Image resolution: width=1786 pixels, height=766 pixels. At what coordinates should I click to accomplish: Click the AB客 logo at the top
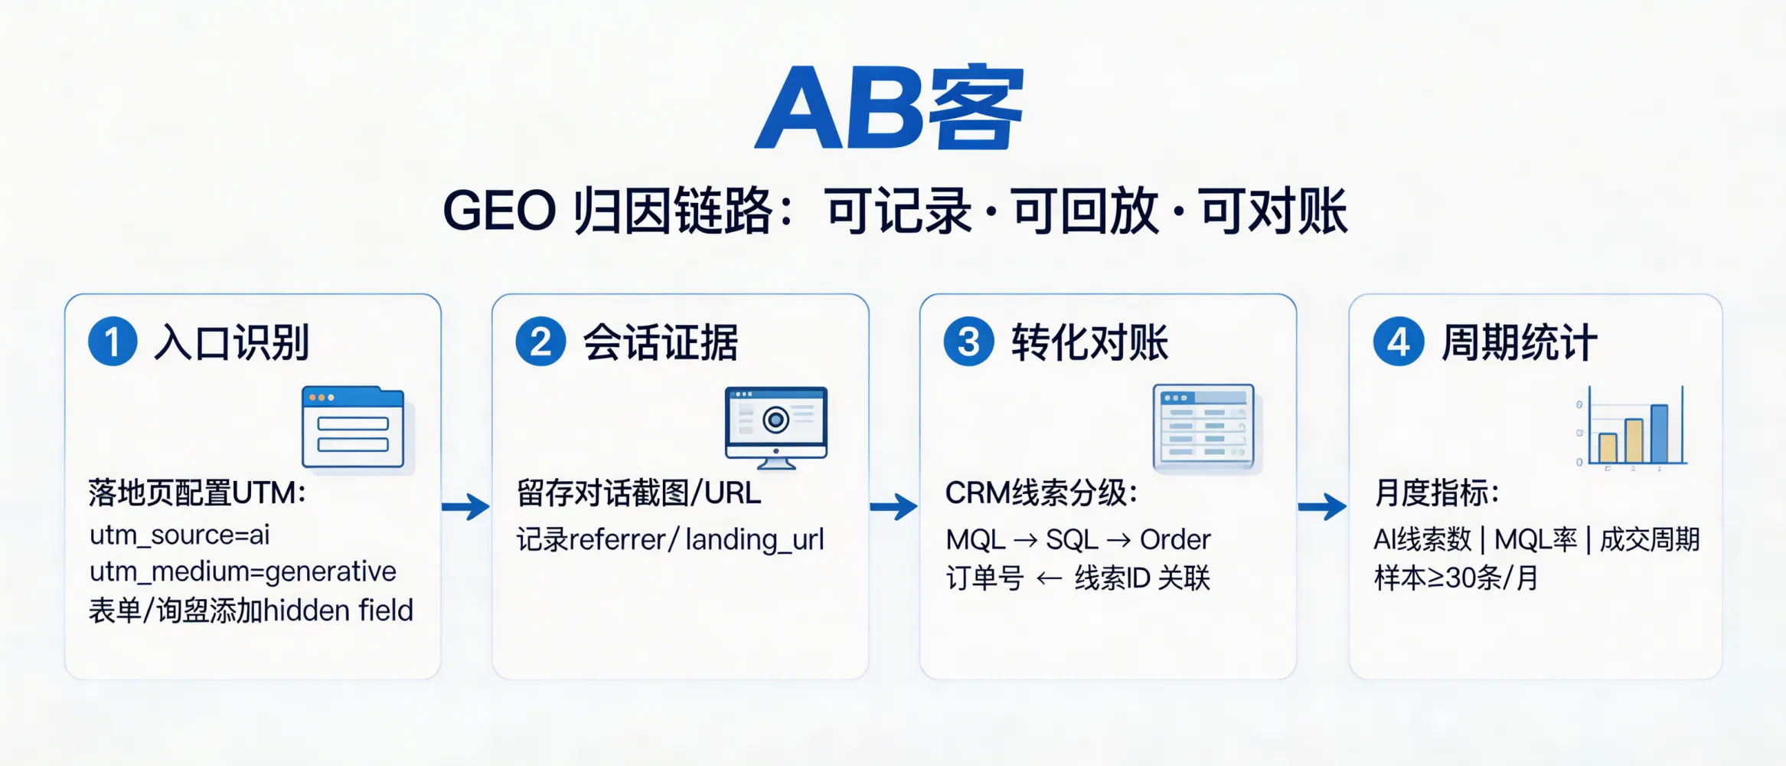(890, 107)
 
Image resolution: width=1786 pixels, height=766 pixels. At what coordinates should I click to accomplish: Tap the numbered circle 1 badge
(113, 342)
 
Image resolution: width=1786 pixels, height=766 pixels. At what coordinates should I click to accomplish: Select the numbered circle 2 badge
(540, 342)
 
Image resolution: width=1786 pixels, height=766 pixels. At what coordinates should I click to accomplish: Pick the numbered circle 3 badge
(968, 342)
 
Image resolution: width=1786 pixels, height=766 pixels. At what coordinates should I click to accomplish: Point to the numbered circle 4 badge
(1398, 342)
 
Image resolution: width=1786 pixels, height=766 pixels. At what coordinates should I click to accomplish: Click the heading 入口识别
(231, 342)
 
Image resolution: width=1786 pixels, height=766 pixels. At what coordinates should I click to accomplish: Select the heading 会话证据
(660, 342)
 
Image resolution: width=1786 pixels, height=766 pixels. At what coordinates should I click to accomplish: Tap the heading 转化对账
(1089, 342)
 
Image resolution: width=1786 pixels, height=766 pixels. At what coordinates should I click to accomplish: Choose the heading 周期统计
(1519, 342)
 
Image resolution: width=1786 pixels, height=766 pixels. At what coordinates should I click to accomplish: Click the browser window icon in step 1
(353, 427)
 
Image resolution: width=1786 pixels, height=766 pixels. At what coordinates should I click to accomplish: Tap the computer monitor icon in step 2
(775, 426)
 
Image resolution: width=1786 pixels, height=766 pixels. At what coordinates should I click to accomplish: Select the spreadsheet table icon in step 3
(1204, 427)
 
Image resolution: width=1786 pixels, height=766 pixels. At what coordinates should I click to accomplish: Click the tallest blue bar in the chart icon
(1659, 434)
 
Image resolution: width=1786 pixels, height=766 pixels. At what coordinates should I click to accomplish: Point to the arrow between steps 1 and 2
(466, 506)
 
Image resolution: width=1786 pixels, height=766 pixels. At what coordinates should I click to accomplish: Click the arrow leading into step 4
(1322, 506)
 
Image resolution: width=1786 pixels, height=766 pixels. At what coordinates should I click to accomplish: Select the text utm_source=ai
(180, 535)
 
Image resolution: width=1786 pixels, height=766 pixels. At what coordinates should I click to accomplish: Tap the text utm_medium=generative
(243, 571)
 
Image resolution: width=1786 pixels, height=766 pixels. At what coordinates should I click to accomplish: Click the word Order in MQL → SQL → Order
(1174, 540)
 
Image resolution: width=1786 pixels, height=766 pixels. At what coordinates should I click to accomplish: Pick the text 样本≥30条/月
(1455, 578)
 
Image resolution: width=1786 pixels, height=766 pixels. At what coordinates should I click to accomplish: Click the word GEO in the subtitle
(499, 211)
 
